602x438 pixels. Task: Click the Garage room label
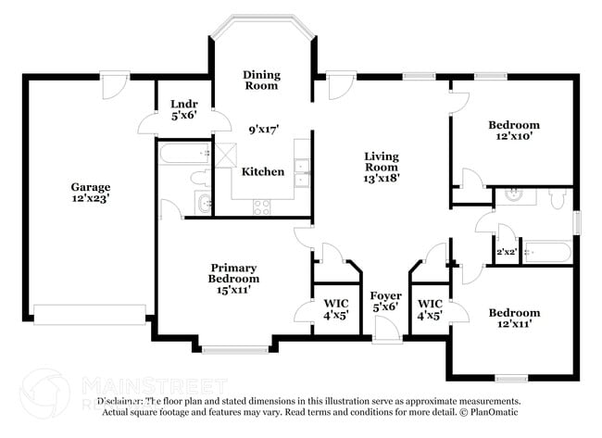coord(91,186)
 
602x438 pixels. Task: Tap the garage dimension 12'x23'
coord(91,198)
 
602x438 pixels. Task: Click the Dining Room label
coord(262,80)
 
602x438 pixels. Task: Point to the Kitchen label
coord(262,172)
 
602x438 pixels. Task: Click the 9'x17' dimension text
coord(264,131)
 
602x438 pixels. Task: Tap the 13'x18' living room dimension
coord(381,178)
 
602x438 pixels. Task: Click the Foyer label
coord(386,295)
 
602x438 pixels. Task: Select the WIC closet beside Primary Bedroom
coord(336,308)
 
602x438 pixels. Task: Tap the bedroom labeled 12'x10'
coord(514,131)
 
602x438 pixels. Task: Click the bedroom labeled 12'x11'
coord(514,319)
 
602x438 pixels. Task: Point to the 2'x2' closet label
coord(506,252)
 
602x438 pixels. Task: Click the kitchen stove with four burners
coord(262,206)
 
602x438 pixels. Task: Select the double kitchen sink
coord(302,167)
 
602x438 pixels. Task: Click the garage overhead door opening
coord(90,315)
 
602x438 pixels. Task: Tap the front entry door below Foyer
coord(385,327)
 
